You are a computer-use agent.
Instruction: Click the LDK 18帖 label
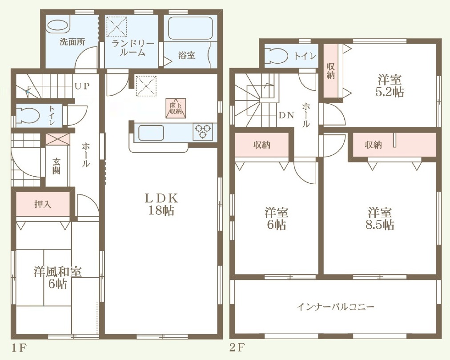click(161, 205)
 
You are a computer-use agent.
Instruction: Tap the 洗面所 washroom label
click(72, 42)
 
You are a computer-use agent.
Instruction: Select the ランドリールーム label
click(133, 48)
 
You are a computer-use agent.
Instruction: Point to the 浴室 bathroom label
click(187, 55)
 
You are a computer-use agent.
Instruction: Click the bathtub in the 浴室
click(190, 28)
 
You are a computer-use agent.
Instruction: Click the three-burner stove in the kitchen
click(203, 131)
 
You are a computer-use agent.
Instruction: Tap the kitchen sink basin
click(151, 133)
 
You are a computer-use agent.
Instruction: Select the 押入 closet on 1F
click(43, 204)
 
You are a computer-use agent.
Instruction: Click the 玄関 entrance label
click(56, 166)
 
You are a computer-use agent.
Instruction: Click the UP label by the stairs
click(82, 86)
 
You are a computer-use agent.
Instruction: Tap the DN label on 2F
click(286, 116)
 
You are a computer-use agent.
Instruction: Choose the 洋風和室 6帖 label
click(58, 278)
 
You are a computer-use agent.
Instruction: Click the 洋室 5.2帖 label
click(390, 86)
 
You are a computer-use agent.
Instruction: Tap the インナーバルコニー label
click(335, 307)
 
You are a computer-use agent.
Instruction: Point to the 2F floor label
click(237, 348)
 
